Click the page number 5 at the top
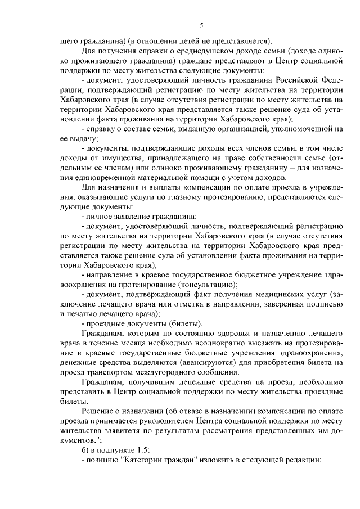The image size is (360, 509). tap(201, 25)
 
